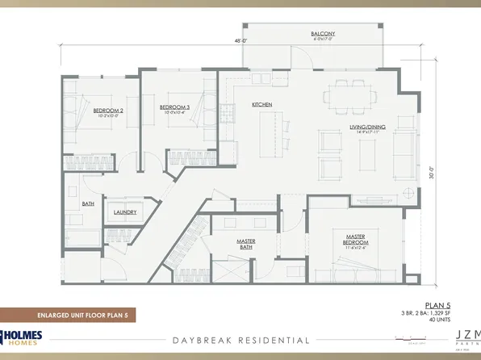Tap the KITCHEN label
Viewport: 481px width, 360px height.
(x=261, y=105)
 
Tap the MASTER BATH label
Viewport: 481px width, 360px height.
(x=246, y=244)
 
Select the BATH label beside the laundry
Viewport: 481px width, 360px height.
(x=89, y=204)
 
